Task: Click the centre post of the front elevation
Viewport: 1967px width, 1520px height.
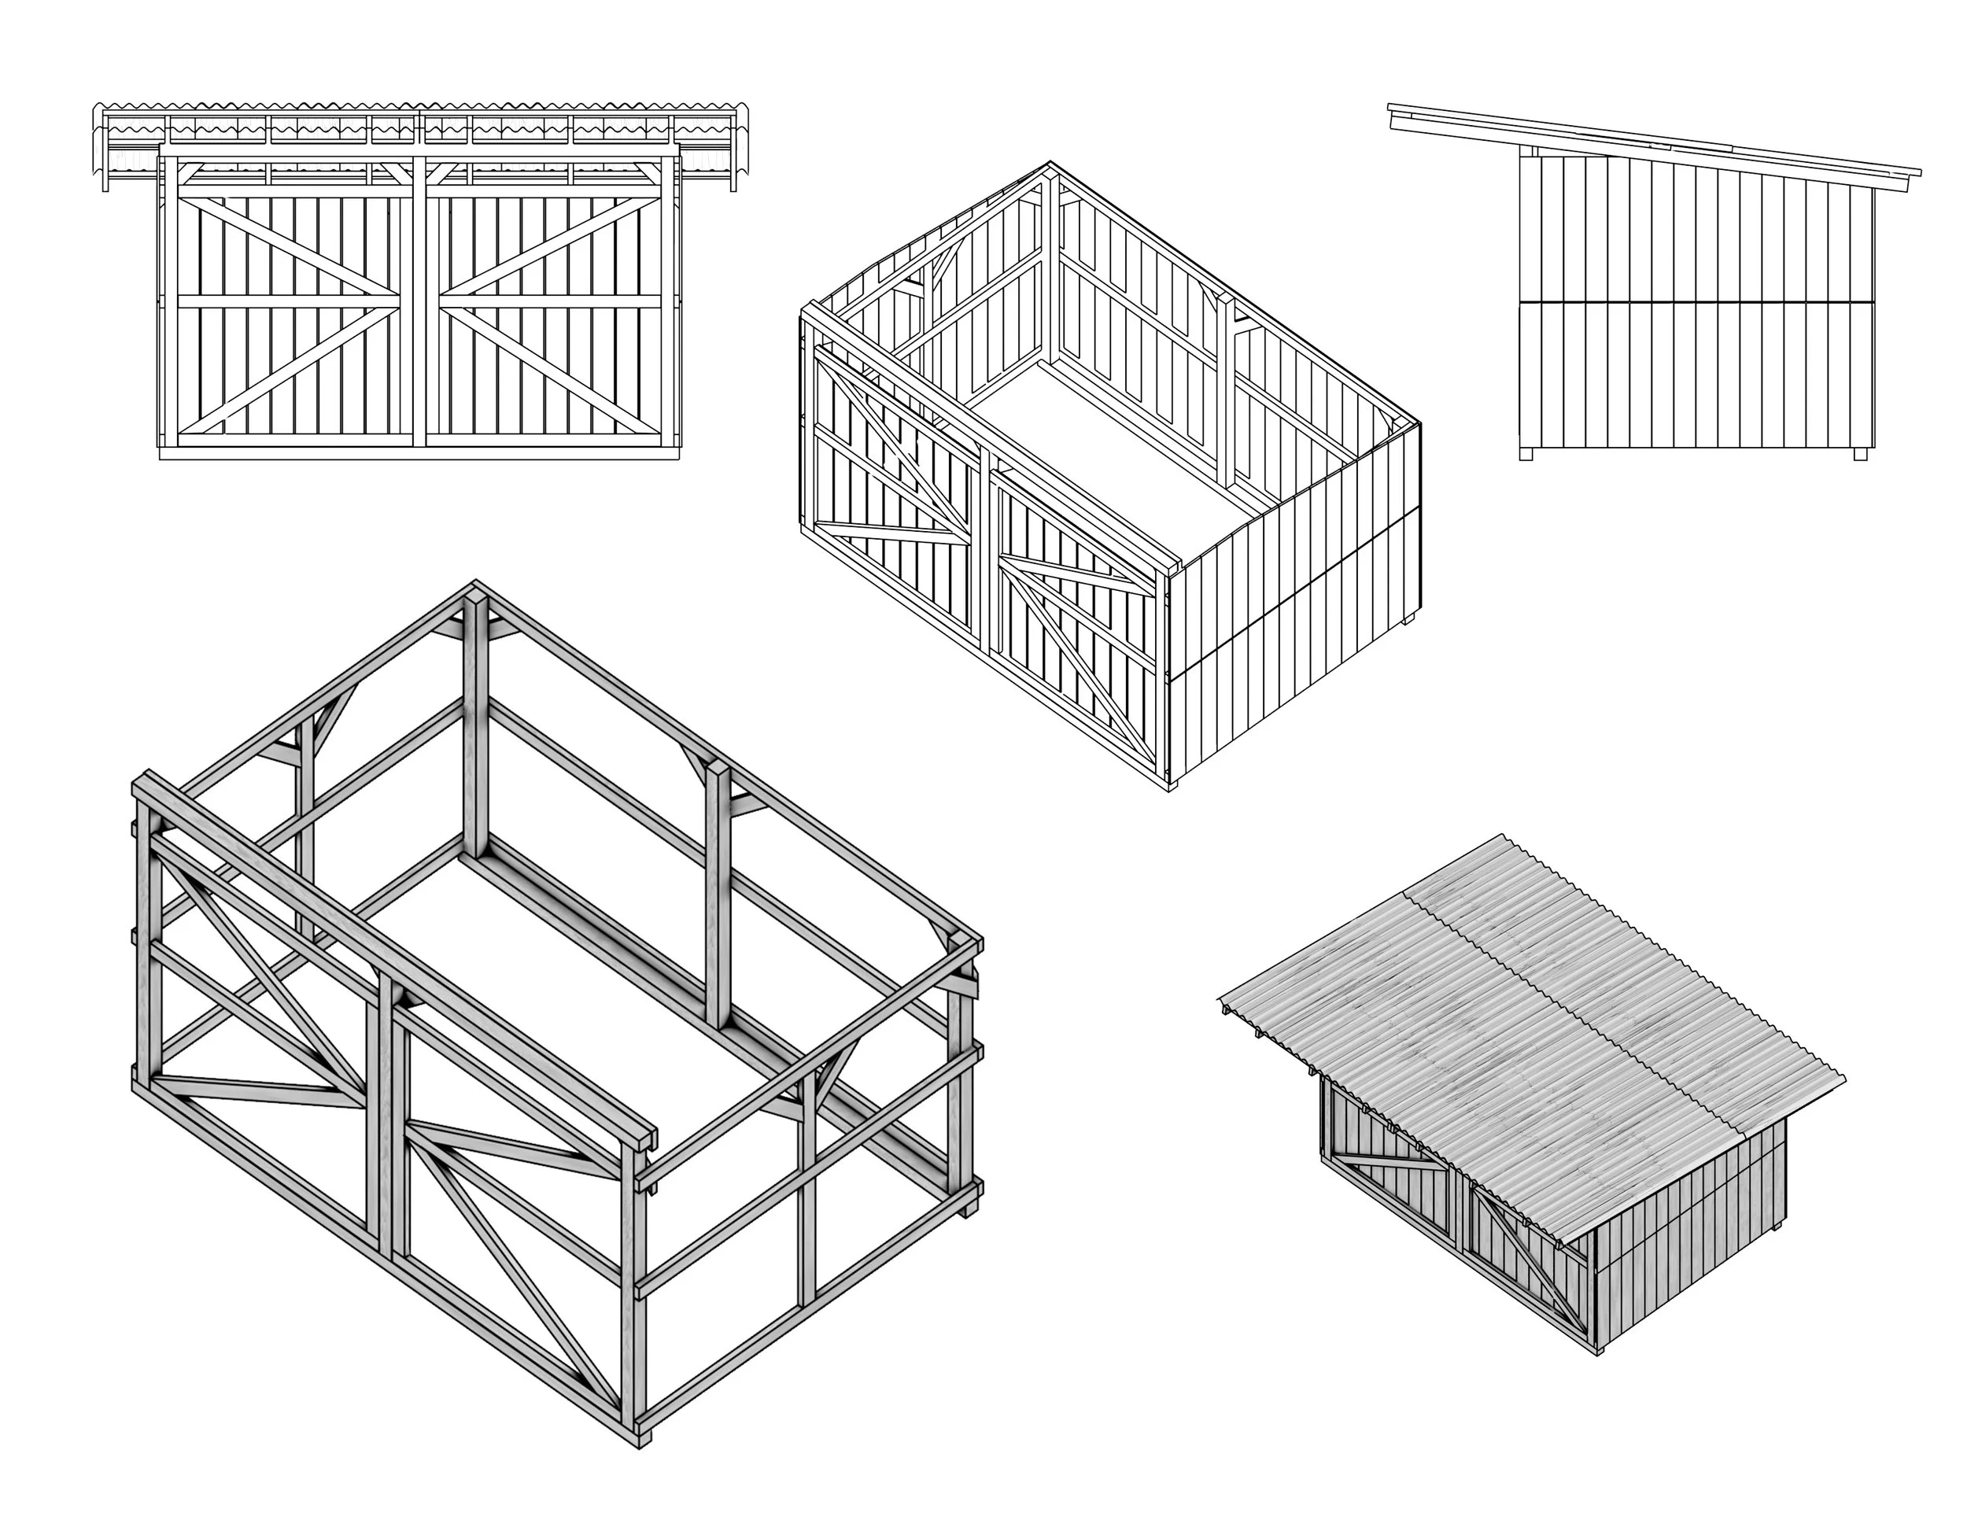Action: point(419,306)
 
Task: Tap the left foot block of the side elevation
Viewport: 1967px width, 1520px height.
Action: point(1526,454)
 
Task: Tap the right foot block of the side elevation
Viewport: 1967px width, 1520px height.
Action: point(1861,454)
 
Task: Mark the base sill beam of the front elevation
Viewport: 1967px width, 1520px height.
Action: point(419,453)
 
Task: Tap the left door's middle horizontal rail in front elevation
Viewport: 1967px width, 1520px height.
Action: point(288,301)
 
